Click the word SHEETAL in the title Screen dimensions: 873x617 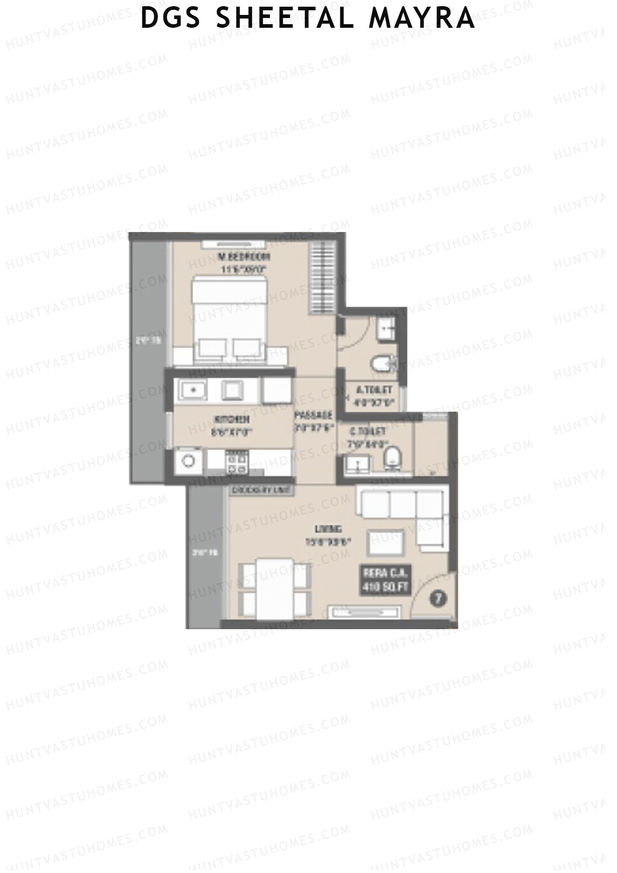(x=285, y=17)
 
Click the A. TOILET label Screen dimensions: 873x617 (x=374, y=390)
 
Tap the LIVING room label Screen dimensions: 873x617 (x=329, y=529)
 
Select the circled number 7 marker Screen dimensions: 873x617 (x=438, y=598)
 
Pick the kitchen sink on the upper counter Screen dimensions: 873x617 (x=193, y=390)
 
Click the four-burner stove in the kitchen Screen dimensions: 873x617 (x=237, y=461)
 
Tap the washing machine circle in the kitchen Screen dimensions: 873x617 (x=189, y=460)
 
